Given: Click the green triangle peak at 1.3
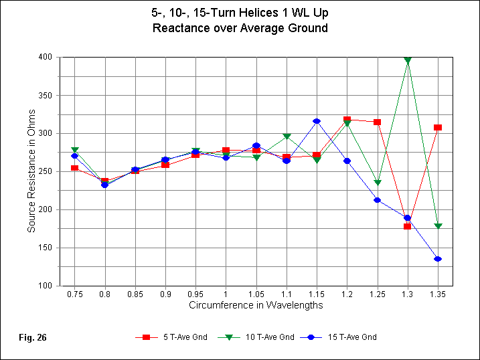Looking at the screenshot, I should click(x=407, y=60).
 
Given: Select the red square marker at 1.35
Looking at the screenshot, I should click(x=438, y=127).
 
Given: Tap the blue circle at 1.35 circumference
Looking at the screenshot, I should click(x=438, y=259).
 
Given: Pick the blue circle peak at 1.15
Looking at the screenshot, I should click(x=317, y=121).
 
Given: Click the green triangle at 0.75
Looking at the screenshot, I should click(x=75, y=150).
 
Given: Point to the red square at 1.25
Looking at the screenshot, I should click(x=377, y=122).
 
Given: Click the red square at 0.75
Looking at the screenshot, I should click(x=75, y=168).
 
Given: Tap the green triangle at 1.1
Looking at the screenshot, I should click(x=287, y=137).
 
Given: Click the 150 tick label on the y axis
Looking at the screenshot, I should click(x=47, y=248).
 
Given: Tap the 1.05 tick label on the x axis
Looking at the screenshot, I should click(x=256, y=294).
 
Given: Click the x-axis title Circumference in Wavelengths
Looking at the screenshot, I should click(x=256, y=305).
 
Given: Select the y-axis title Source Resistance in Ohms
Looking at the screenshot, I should click(x=31, y=171).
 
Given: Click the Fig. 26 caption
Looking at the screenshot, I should click(x=33, y=337).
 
